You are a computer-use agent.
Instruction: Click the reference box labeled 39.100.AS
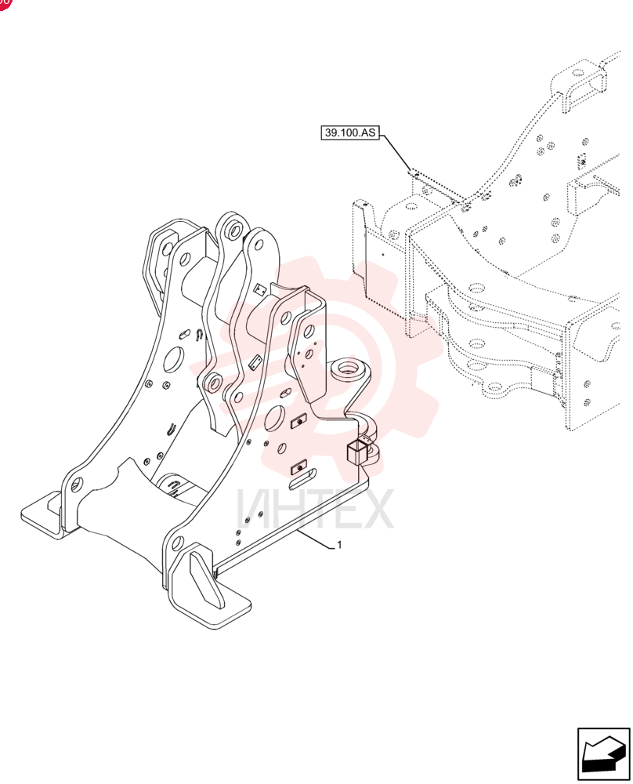click(349, 133)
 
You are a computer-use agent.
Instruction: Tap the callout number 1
click(340, 545)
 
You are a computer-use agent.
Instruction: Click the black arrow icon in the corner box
click(604, 754)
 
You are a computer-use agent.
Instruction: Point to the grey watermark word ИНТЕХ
click(315, 510)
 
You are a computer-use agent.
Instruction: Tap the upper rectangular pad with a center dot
click(298, 422)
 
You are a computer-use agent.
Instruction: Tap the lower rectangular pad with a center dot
click(298, 467)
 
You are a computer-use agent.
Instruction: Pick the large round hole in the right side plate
click(275, 419)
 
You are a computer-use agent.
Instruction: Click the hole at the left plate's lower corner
click(77, 484)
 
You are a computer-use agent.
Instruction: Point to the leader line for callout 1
click(316, 540)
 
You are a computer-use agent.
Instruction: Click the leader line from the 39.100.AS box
click(396, 153)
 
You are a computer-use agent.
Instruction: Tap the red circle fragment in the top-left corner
click(5, 4)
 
